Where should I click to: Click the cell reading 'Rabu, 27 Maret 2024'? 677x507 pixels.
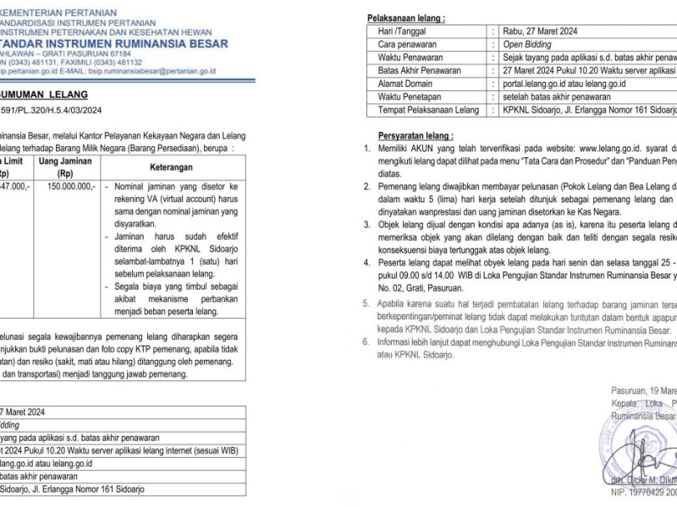point(541,30)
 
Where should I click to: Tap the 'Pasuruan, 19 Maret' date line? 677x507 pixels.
point(644,390)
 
